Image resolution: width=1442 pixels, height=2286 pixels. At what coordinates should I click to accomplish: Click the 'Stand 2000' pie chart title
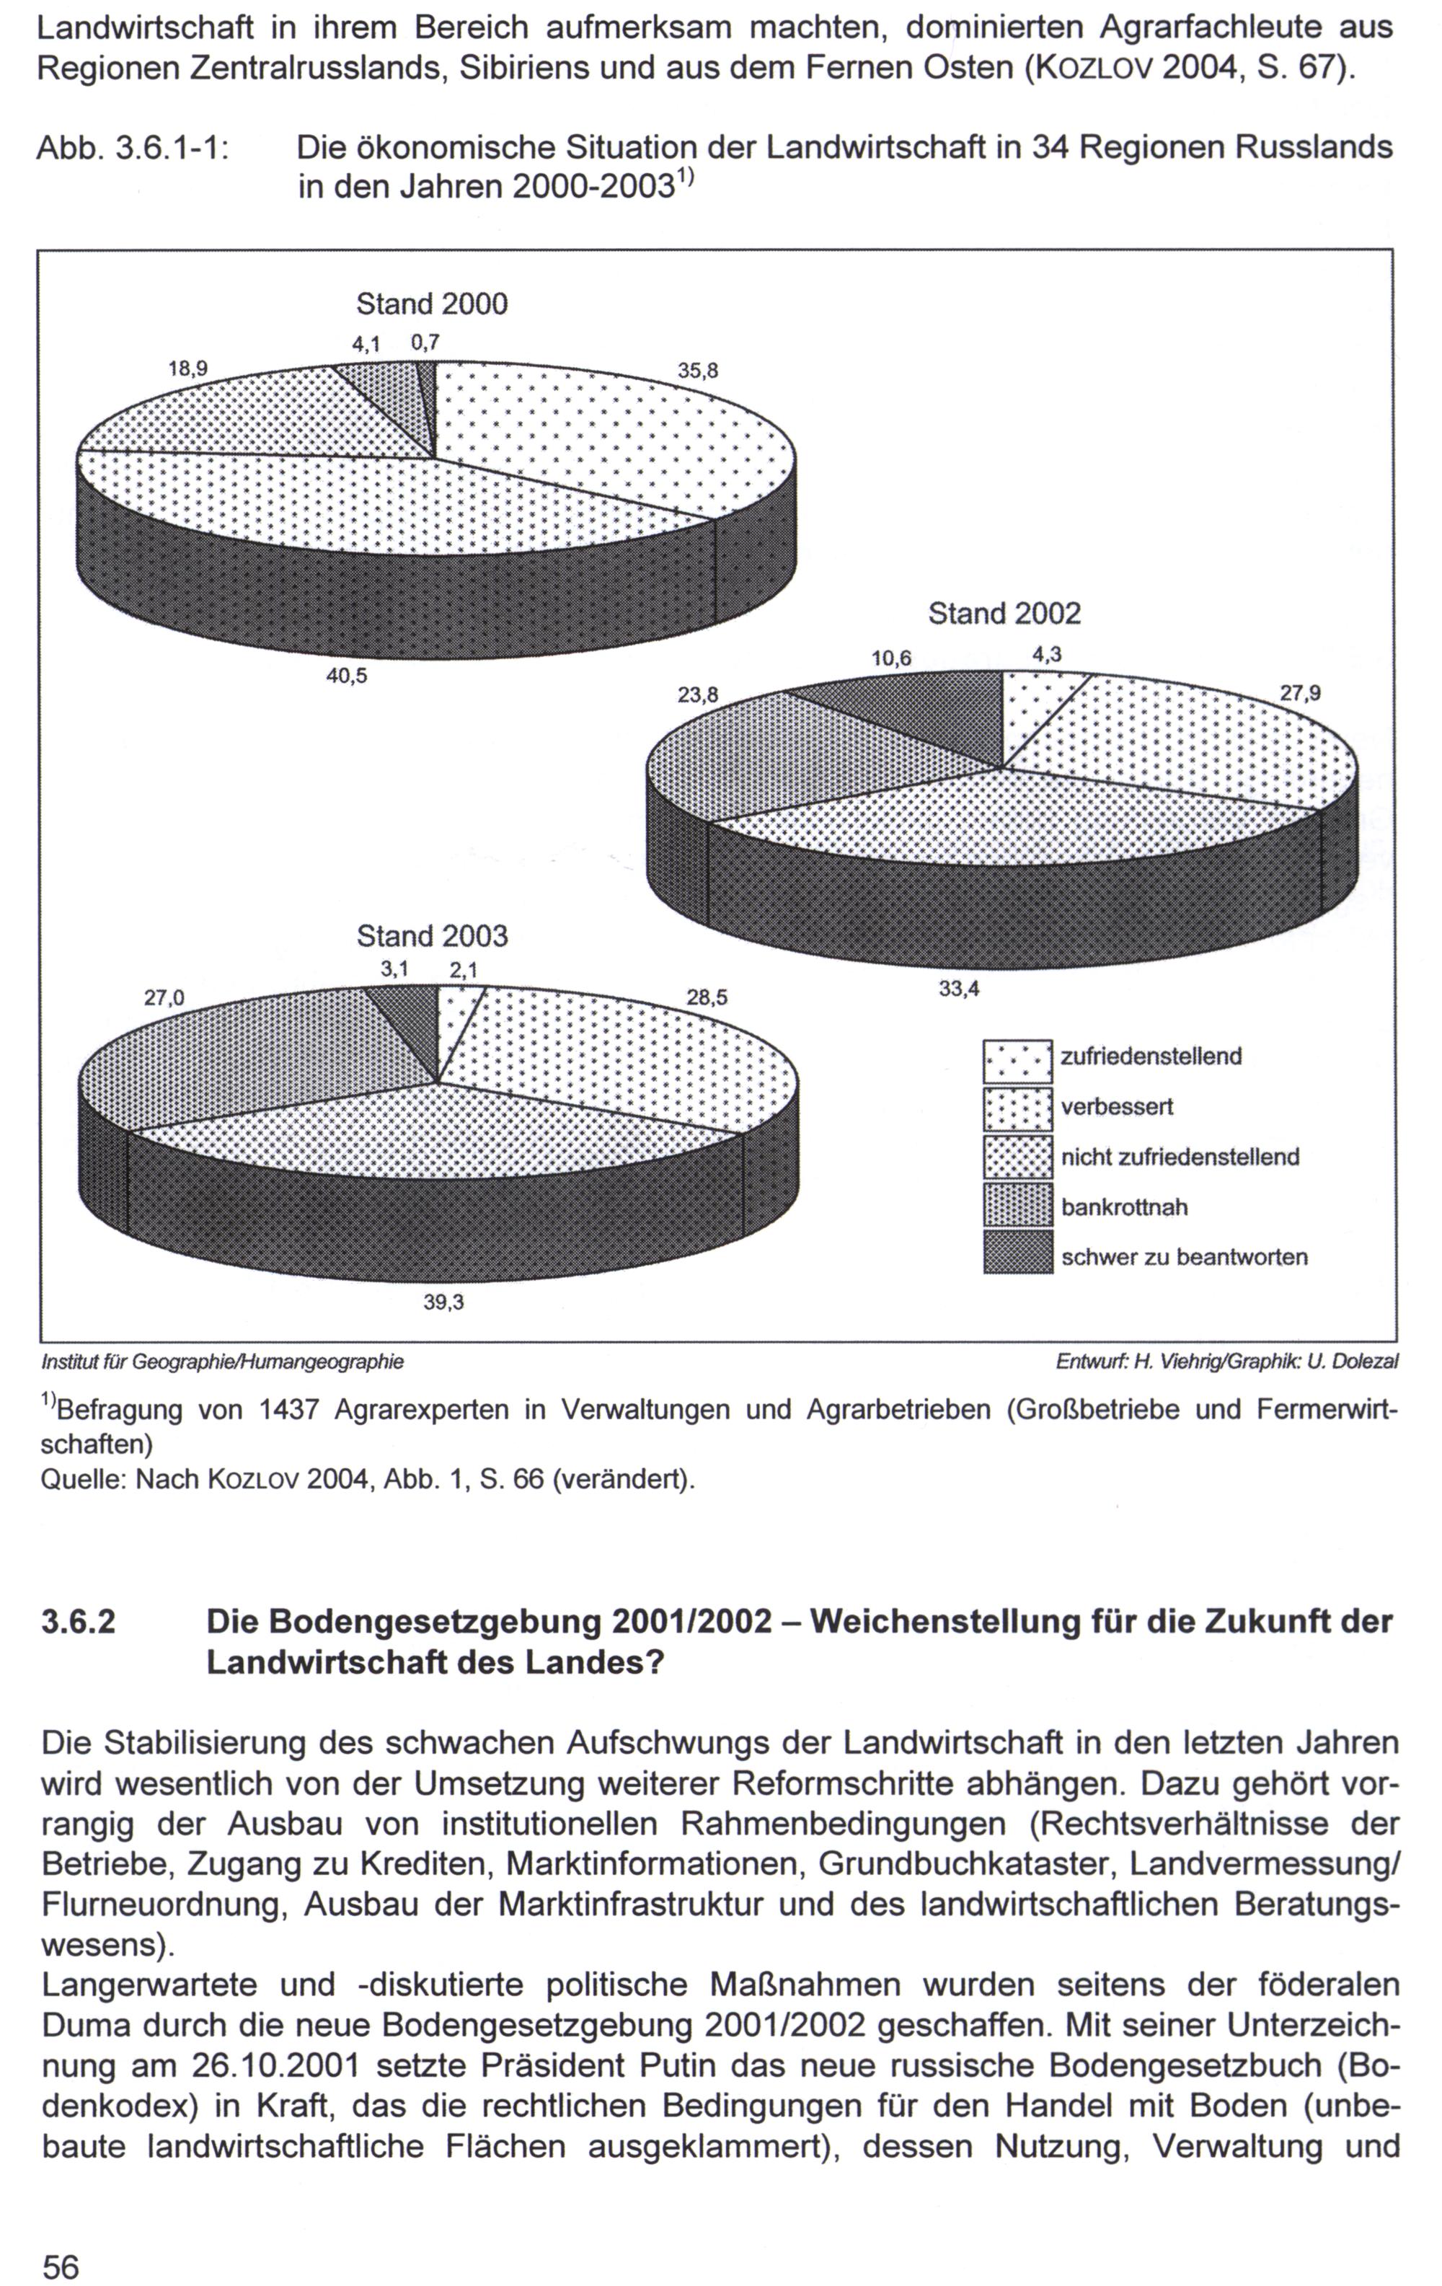pos(432,305)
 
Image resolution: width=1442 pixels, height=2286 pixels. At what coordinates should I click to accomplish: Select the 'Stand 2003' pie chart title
pos(432,937)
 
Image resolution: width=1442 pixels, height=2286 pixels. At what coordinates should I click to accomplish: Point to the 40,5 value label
pos(347,677)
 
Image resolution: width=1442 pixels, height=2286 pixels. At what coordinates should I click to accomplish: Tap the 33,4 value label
pos(959,989)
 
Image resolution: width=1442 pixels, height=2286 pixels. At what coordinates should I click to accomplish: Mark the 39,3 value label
pos(443,1303)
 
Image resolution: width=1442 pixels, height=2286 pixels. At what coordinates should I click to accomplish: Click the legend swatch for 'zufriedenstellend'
pos(1017,1062)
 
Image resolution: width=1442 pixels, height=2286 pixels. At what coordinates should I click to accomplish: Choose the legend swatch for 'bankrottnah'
pos(1017,1206)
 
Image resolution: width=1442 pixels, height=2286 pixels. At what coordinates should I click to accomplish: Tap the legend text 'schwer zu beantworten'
pos(1184,1257)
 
